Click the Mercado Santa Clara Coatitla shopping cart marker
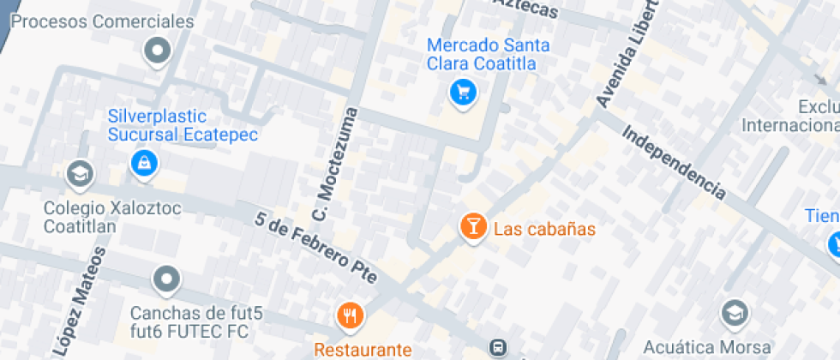[x=464, y=92]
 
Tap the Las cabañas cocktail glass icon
[x=471, y=227]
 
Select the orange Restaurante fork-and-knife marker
[x=350, y=316]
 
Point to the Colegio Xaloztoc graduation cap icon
[x=80, y=174]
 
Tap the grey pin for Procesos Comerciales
[x=157, y=52]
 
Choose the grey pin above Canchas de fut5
[x=165, y=279]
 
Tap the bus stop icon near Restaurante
[x=496, y=347]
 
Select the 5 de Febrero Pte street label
[x=315, y=246]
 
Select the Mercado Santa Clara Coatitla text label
[x=488, y=54]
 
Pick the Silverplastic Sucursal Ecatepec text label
[x=183, y=125]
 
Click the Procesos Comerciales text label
[x=102, y=21]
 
